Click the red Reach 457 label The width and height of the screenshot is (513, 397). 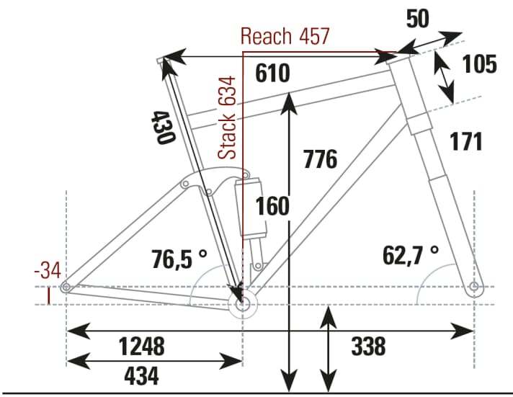[x=285, y=36]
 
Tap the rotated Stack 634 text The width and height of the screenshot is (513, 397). [x=228, y=117]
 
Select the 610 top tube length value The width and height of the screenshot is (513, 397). [x=272, y=73]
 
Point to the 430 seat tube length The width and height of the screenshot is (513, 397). [x=164, y=127]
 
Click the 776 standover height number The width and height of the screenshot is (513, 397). [x=320, y=159]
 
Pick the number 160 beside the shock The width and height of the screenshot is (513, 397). [x=273, y=206]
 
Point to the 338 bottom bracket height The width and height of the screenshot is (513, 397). [x=368, y=347]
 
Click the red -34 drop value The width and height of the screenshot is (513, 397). [x=48, y=272]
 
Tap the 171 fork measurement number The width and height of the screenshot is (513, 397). [x=466, y=142]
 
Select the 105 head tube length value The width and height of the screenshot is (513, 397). [x=479, y=64]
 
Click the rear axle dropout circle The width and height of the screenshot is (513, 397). [x=66, y=287]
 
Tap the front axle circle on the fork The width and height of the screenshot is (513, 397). [x=473, y=288]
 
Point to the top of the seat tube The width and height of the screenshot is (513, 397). [x=161, y=60]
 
